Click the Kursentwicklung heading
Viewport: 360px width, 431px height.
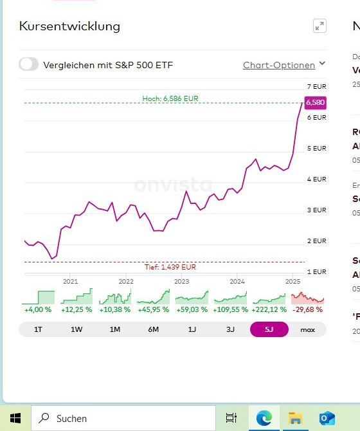click(69, 26)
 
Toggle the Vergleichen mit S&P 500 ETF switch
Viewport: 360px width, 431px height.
click(29, 64)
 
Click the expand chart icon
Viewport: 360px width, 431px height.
click(319, 26)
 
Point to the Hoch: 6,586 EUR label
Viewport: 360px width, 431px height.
click(170, 98)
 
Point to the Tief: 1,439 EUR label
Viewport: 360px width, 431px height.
click(170, 267)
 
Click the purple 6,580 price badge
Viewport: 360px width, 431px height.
click(316, 102)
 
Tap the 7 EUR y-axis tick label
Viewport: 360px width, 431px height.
click(316, 86)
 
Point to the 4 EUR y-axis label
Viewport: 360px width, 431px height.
click(316, 179)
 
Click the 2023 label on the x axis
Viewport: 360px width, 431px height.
click(182, 281)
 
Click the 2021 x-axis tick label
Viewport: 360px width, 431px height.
click(70, 281)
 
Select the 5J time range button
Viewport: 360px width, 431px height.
click(269, 329)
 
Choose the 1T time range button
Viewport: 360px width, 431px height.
click(38, 329)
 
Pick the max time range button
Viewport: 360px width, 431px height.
click(308, 329)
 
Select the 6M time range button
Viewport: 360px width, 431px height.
click(154, 329)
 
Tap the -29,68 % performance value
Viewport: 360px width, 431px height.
click(308, 309)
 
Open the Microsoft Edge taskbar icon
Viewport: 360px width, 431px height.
click(264, 418)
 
